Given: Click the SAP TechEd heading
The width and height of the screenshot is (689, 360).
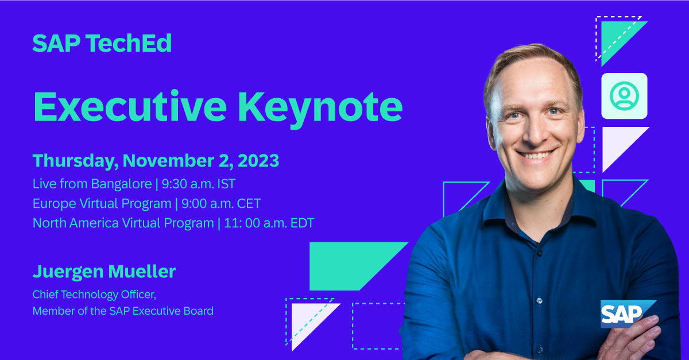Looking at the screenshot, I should pyautogui.click(x=102, y=44).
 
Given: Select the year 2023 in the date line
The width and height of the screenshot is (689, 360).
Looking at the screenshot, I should pyautogui.click(x=257, y=161).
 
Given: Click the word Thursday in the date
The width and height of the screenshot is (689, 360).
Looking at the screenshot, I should pyautogui.click(x=73, y=161).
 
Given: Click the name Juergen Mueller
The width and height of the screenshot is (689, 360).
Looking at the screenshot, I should pyautogui.click(x=104, y=272).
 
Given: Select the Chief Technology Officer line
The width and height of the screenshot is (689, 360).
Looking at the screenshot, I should pyautogui.click(x=94, y=295).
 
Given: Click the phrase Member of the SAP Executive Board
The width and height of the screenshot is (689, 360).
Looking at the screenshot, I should pyautogui.click(x=123, y=311).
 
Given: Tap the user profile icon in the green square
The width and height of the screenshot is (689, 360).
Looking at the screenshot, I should pyautogui.click(x=624, y=96).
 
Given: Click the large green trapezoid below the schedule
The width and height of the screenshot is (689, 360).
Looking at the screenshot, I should pyautogui.click(x=350, y=265).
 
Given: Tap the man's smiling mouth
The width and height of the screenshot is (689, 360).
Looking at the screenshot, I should pyautogui.click(x=534, y=156).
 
